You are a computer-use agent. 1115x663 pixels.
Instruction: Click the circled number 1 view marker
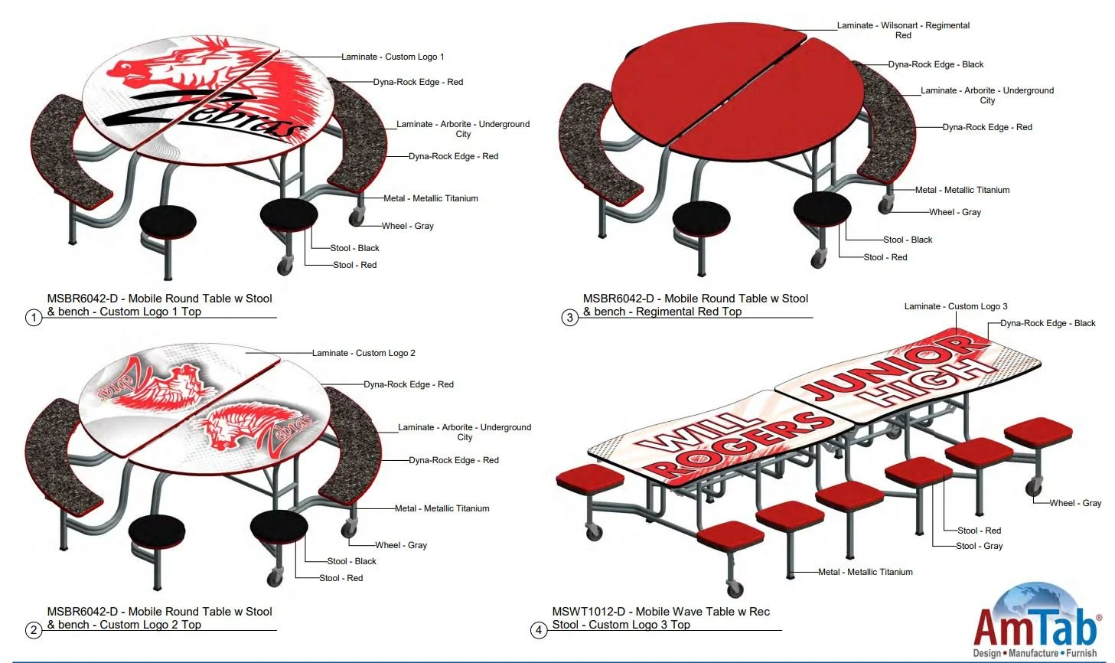[x=33, y=317]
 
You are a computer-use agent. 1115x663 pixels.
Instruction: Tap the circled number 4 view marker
[x=539, y=630]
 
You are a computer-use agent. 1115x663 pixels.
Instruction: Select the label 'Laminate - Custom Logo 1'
[x=393, y=57]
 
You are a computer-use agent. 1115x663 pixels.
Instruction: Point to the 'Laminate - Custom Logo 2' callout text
[x=364, y=353]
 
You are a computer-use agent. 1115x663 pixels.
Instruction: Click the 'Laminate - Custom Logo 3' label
[x=956, y=306]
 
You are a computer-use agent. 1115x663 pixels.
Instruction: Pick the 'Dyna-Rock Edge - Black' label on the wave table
[x=1048, y=323]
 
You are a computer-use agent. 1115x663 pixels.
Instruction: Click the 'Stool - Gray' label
[x=979, y=546]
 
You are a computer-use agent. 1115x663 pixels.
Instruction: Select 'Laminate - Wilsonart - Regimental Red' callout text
[x=903, y=30]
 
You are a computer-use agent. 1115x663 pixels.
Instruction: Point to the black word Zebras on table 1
[x=207, y=115]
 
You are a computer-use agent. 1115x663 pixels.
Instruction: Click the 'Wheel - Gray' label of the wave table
[x=1075, y=503]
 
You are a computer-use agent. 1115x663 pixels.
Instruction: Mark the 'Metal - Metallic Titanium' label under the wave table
[x=865, y=572]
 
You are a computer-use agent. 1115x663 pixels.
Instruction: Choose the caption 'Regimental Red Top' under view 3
[x=689, y=312]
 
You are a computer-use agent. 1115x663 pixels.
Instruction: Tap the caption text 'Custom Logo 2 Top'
[x=151, y=625]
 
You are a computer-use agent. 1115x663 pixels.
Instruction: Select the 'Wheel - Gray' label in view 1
[x=407, y=226]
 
